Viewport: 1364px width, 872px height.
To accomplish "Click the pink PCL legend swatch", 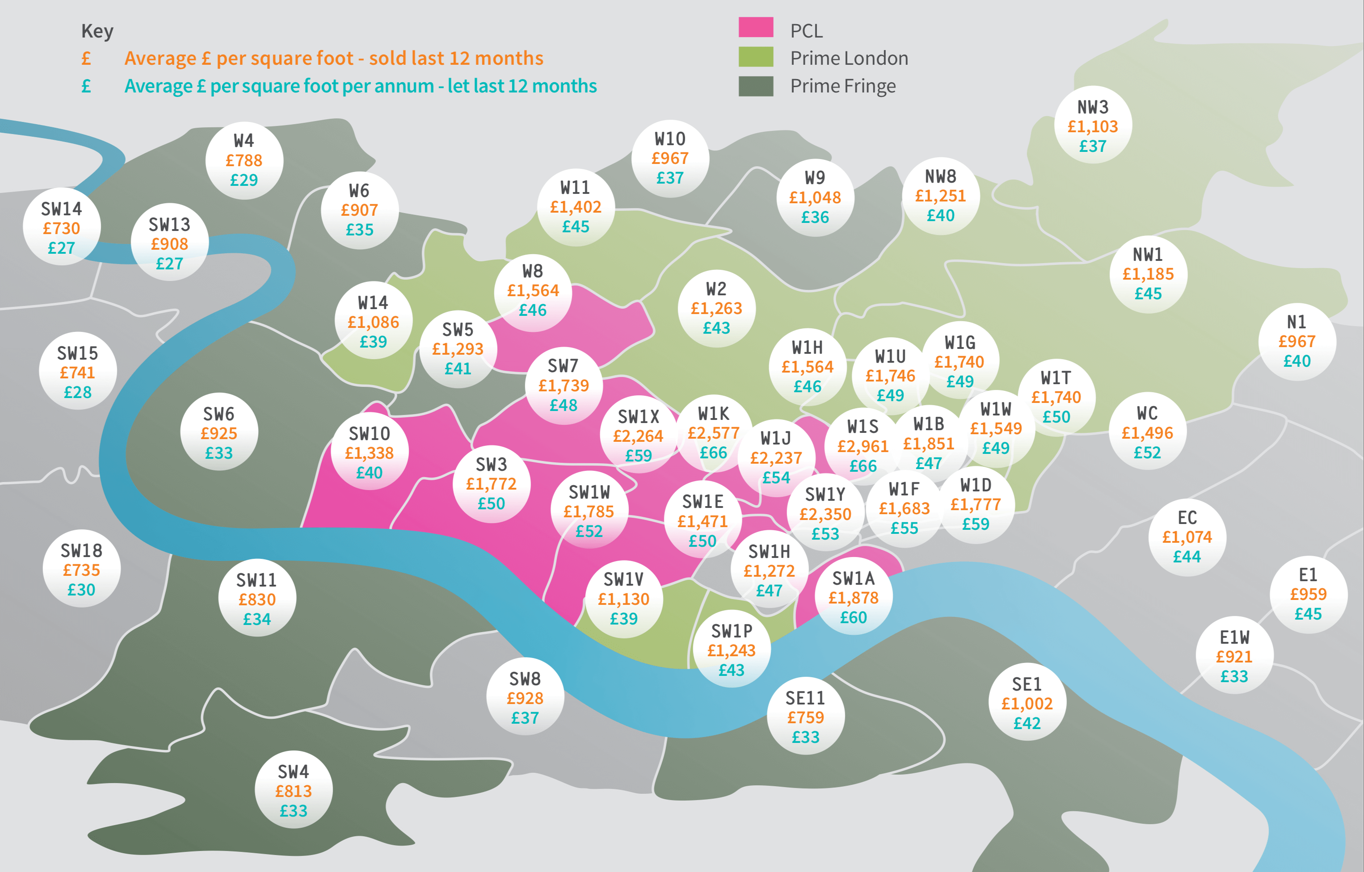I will (756, 28).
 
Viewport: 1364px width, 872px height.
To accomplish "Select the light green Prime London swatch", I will (756, 57).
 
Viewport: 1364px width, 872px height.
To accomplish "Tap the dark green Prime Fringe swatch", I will (756, 86).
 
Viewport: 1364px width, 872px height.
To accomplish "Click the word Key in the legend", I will (97, 31).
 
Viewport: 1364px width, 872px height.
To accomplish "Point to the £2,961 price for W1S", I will (863, 447).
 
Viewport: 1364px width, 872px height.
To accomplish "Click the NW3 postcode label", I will (1093, 107).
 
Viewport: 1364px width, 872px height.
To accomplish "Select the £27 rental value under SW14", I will (61, 248).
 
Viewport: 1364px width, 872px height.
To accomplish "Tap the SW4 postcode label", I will (294, 772).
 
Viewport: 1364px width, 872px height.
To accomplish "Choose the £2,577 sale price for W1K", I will (713, 433).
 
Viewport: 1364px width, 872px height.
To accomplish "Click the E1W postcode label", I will (1234, 637).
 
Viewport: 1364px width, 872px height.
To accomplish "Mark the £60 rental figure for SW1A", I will (853, 617).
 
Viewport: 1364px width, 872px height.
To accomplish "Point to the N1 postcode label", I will (1297, 322).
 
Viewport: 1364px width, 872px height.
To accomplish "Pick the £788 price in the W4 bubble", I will (244, 160).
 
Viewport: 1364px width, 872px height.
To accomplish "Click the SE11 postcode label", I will (805, 698).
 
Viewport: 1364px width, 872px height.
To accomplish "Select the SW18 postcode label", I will (82, 550).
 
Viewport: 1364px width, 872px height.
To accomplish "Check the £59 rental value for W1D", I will (976, 524).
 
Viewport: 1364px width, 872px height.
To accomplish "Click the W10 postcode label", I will (670, 139).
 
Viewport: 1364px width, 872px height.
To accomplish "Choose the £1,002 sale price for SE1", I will (1027, 704).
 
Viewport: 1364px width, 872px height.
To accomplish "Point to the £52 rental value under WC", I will (1147, 453).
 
